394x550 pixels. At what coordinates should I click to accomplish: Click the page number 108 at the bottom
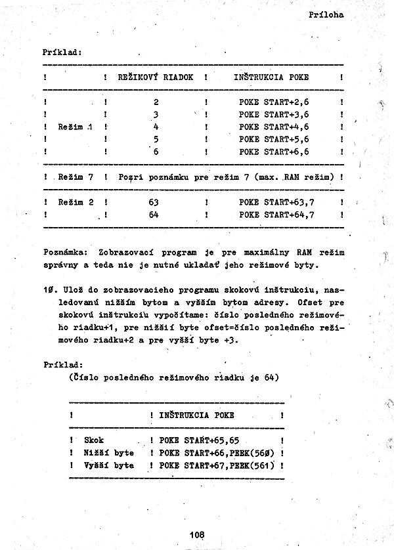click(x=196, y=535)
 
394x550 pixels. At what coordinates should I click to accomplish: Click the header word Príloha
click(x=326, y=14)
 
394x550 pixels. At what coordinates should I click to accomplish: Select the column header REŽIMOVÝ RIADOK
click(x=155, y=77)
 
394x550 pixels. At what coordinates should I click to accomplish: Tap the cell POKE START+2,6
click(x=274, y=102)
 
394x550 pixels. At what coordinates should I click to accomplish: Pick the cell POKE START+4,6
click(x=274, y=127)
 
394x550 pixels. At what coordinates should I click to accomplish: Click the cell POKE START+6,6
click(x=274, y=152)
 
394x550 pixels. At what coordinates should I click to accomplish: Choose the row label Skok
click(x=95, y=440)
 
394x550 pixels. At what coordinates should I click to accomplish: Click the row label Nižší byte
click(x=109, y=453)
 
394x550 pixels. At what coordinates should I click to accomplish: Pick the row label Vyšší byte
click(x=109, y=465)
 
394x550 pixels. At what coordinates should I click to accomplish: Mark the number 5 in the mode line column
click(x=156, y=139)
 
